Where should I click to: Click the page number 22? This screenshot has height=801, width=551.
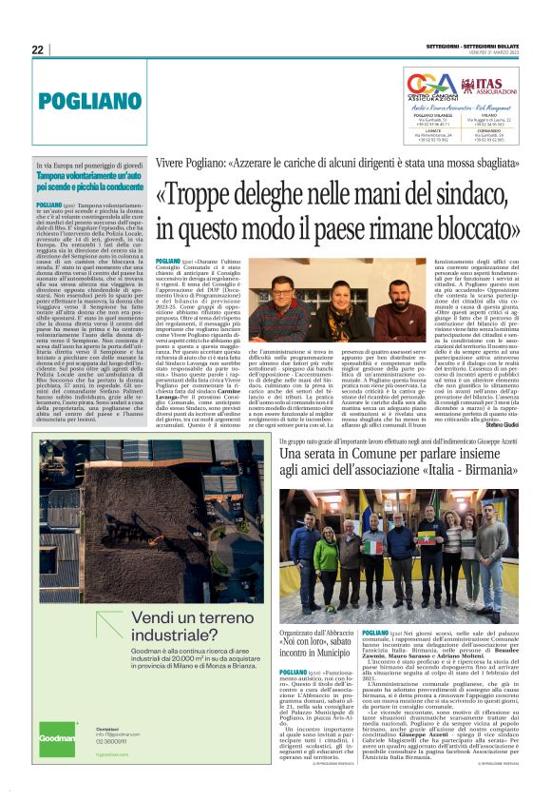pyautogui.click(x=38, y=49)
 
